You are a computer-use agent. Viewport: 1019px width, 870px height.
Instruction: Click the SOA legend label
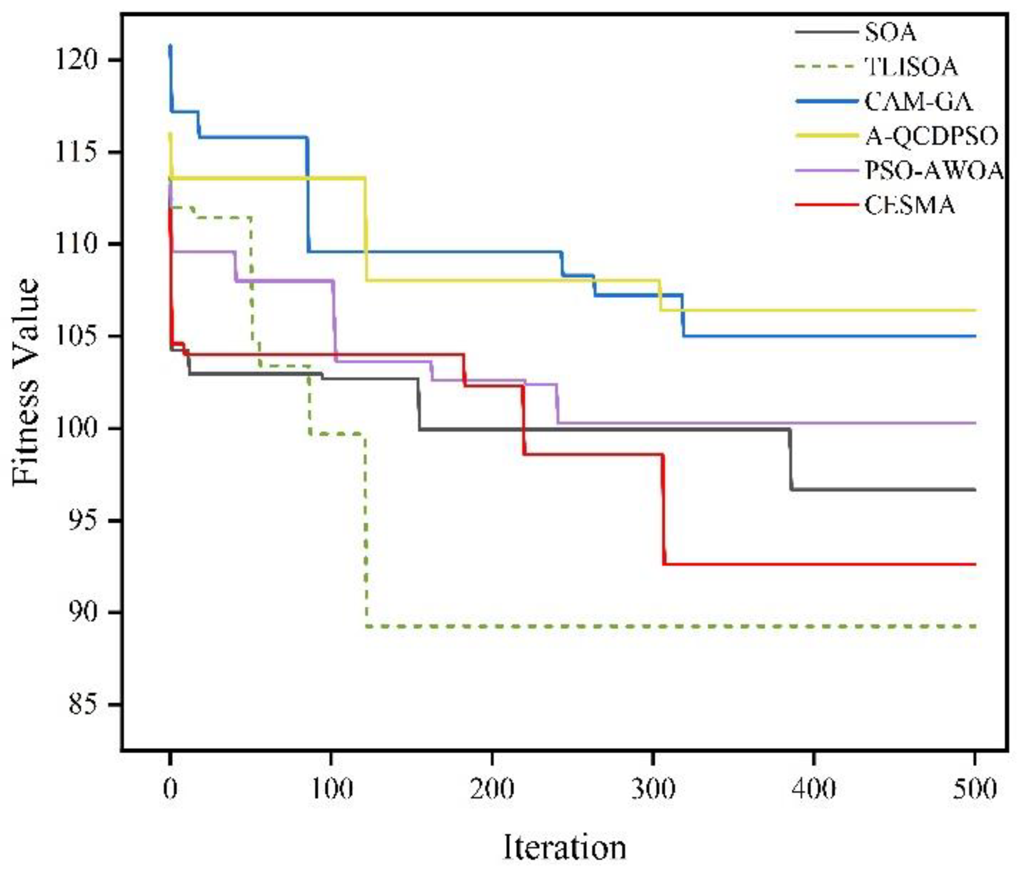[x=891, y=33]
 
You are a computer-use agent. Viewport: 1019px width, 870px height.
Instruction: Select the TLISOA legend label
[x=911, y=67]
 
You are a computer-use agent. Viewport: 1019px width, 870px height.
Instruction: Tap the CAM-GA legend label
[x=918, y=102]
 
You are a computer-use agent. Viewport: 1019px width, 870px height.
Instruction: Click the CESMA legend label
[x=910, y=205]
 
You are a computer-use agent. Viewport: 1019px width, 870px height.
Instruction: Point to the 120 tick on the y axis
[x=82, y=60]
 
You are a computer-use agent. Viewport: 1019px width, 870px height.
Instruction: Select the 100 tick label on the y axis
[x=82, y=429]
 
